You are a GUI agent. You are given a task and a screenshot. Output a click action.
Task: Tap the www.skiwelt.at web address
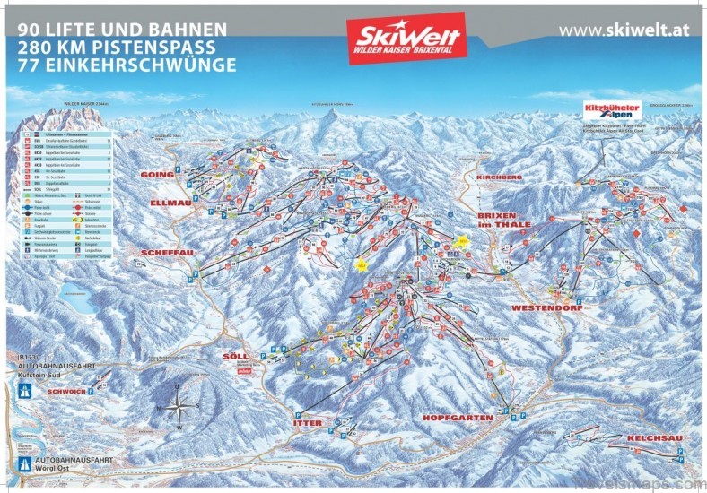tap(624, 30)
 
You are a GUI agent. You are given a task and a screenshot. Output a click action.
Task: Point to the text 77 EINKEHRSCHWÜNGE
tap(127, 65)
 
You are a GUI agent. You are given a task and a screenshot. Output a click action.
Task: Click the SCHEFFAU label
tap(163, 254)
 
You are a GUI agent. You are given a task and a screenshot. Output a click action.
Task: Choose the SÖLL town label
tap(235, 356)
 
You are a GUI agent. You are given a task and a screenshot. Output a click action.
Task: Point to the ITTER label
tap(307, 422)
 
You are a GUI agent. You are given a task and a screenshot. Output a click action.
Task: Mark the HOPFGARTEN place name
tap(458, 418)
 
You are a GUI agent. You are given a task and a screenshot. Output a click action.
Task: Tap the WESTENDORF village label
tap(547, 307)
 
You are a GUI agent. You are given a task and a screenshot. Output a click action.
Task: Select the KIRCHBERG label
tap(500, 178)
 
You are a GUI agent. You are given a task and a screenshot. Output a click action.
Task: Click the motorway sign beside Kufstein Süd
tap(25, 392)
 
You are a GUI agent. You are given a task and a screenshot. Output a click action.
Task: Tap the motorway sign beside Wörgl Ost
tap(25, 467)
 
